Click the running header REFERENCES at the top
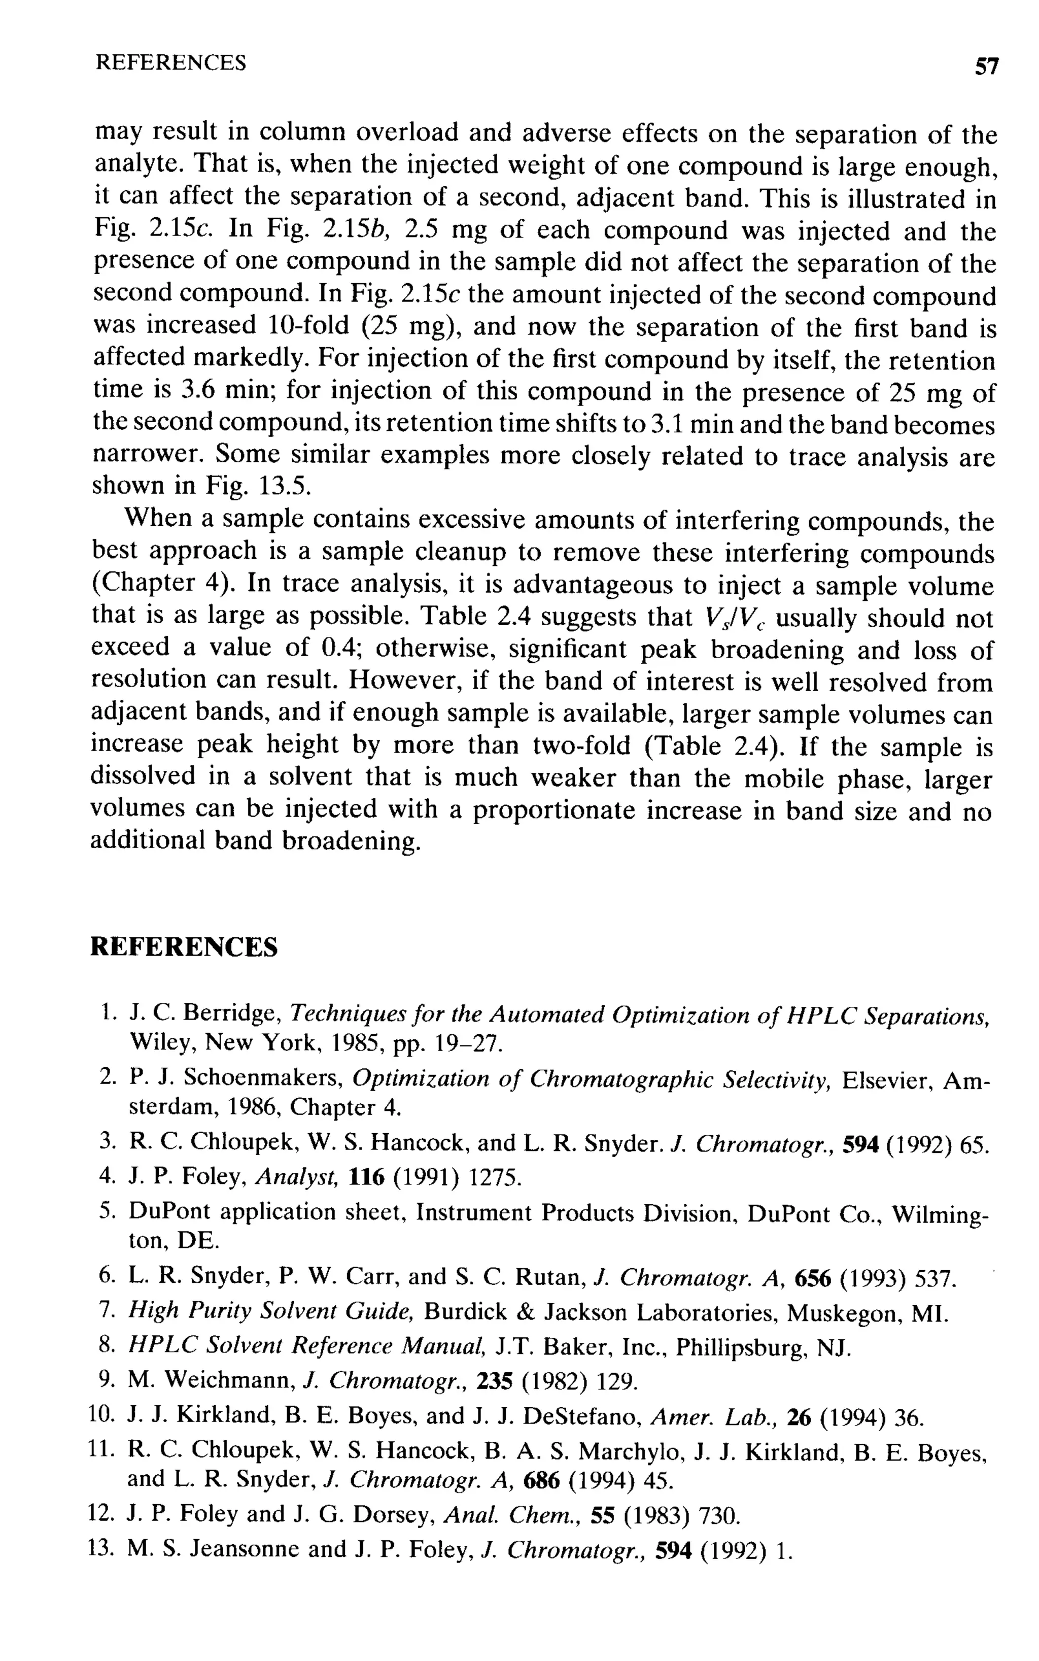coord(170,63)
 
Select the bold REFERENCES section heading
coord(184,947)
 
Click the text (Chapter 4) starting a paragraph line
coord(163,584)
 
